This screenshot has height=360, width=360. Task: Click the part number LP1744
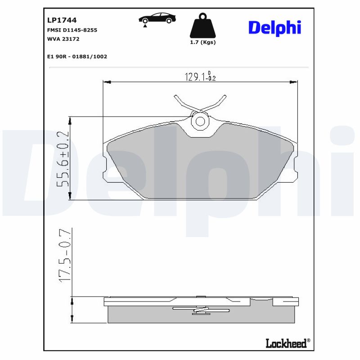point(62,20)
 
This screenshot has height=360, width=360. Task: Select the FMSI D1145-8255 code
point(72,30)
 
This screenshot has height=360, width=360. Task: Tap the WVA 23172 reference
point(63,39)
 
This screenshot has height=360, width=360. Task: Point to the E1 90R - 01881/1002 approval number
point(77,57)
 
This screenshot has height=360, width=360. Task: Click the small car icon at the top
point(157,19)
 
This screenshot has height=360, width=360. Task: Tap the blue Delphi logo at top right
point(274,27)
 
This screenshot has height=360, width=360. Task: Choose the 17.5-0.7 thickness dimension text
point(65,256)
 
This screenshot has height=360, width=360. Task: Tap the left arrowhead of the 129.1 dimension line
point(107,82)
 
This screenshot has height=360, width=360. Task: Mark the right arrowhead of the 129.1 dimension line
point(293,82)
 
